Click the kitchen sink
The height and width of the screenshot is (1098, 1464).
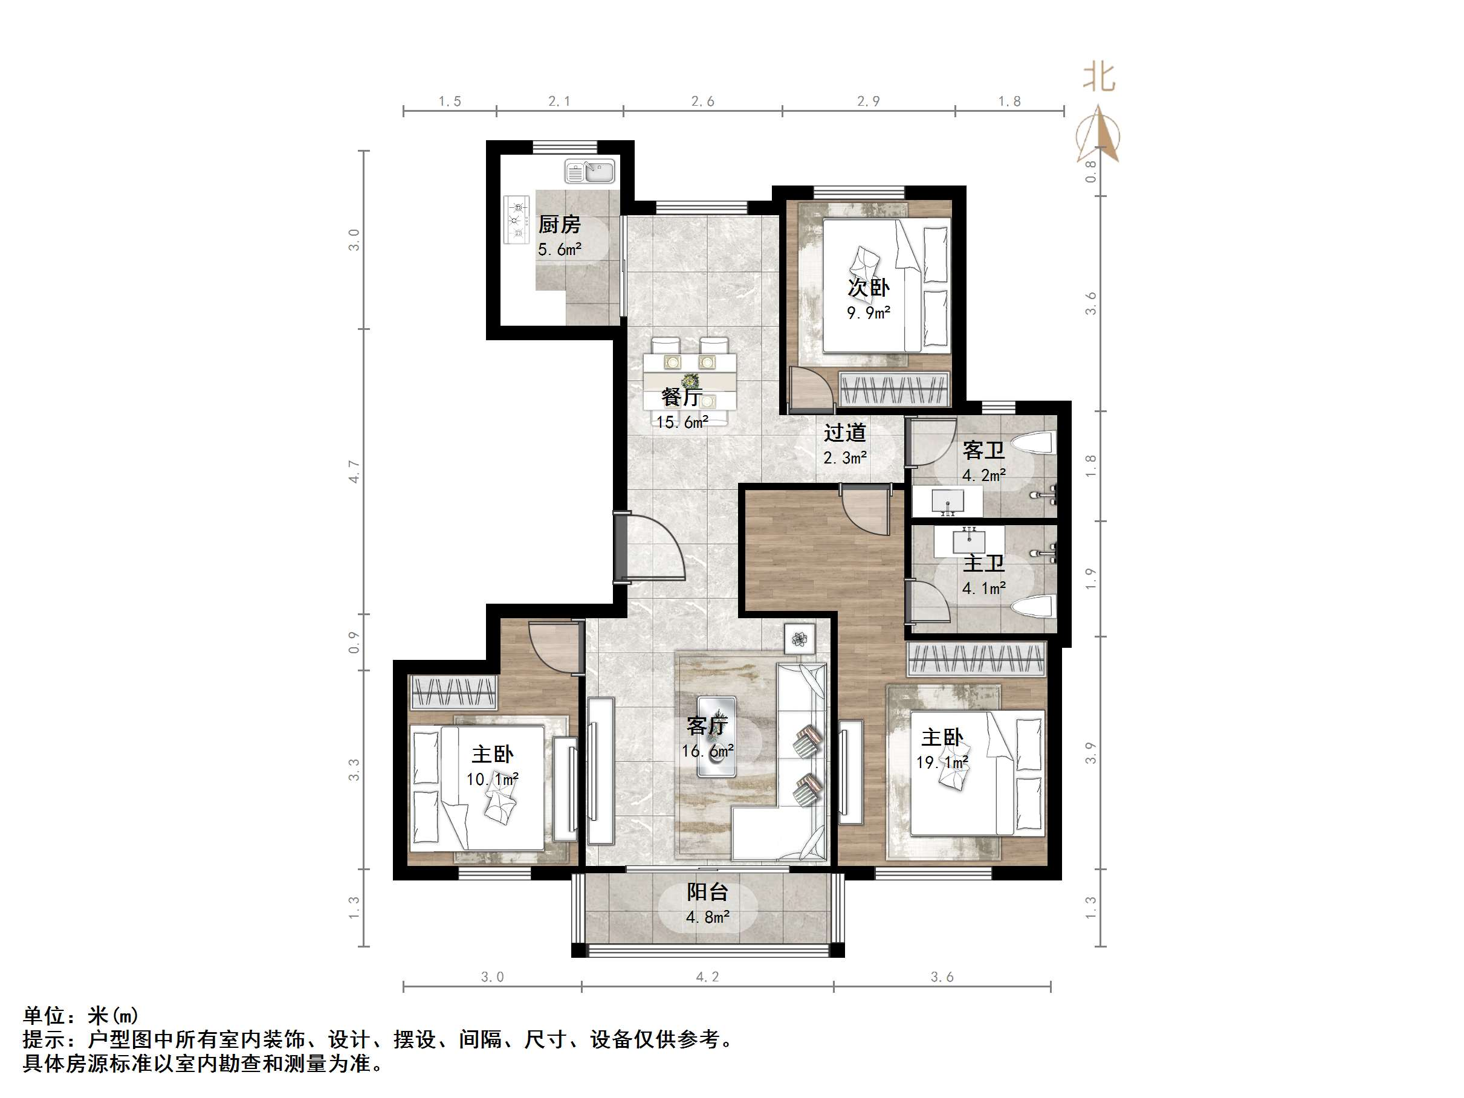click(590, 172)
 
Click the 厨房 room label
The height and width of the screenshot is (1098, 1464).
click(559, 224)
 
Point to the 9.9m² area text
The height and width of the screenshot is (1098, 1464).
click(869, 312)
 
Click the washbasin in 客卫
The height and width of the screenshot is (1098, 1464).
click(948, 502)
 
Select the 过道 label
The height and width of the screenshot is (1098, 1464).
click(844, 433)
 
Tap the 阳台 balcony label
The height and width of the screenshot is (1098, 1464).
click(707, 892)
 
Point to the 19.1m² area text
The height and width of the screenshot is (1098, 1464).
click(942, 763)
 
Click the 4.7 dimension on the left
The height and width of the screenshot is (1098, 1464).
click(354, 471)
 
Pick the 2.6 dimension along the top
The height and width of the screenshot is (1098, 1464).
click(702, 102)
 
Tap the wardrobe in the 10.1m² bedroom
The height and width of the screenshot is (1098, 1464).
click(453, 693)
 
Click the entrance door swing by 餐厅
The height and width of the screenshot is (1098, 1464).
click(652, 548)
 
